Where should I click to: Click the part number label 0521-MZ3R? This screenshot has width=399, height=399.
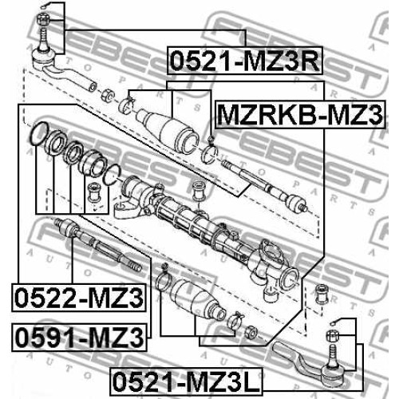click(x=245, y=61)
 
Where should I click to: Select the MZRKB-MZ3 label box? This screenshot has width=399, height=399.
click(x=300, y=115)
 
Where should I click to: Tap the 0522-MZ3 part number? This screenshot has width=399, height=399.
click(x=79, y=298)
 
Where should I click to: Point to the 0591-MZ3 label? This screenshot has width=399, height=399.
click(x=79, y=338)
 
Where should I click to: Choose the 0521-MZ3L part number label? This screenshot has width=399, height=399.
click(x=186, y=381)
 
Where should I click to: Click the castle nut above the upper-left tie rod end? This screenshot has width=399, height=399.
click(x=42, y=20)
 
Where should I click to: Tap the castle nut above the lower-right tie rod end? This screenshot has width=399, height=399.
click(x=332, y=335)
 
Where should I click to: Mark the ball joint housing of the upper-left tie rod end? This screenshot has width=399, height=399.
click(x=43, y=57)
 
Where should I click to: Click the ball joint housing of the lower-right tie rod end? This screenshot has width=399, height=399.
click(x=334, y=373)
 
